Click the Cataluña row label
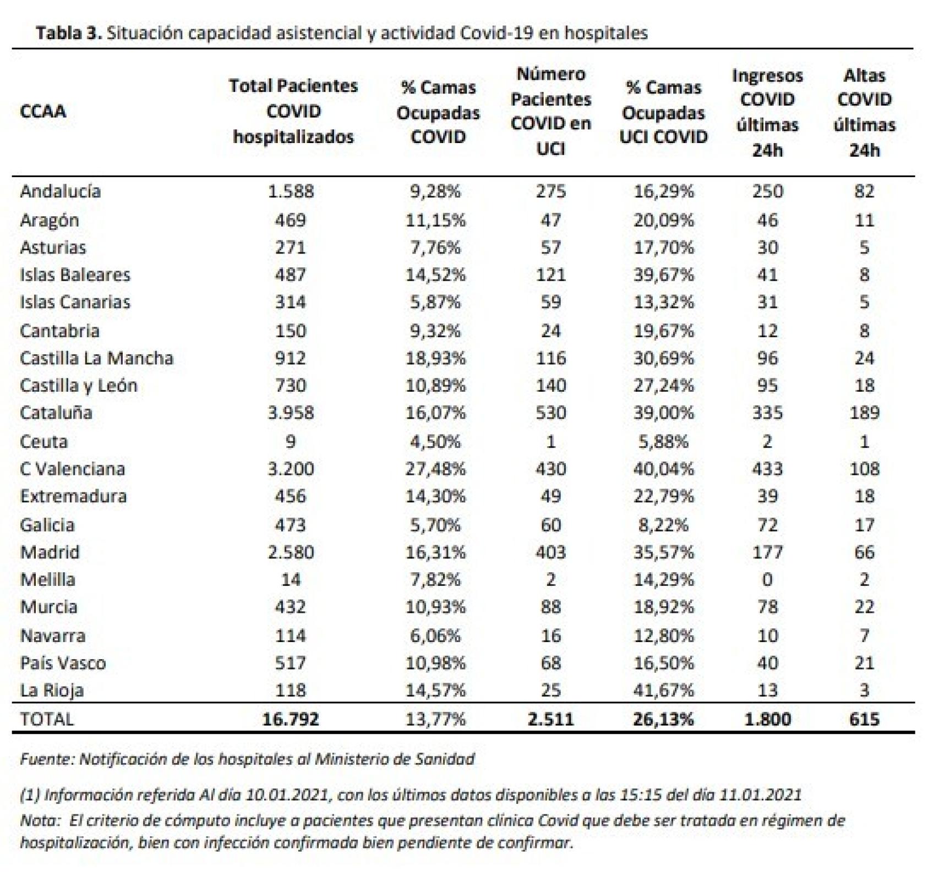(56, 413)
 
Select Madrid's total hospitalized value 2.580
(290, 552)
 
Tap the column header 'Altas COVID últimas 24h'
(864, 112)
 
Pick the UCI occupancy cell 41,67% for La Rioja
(663, 690)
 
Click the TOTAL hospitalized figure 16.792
(290, 719)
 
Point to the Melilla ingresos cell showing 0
(767, 579)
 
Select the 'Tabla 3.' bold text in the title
(69, 33)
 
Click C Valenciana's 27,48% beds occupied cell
(435, 469)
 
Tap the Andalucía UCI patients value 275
(550, 191)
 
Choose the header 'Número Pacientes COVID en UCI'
(550, 111)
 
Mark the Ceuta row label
(43, 441)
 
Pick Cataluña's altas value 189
(864, 413)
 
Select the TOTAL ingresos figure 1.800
(767, 719)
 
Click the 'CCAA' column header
(43, 111)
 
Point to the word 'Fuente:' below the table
(47, 759)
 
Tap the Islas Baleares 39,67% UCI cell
(663, 275)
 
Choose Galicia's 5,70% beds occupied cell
(435, 525)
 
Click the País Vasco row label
(63, 663)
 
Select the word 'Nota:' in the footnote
(40, 820)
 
